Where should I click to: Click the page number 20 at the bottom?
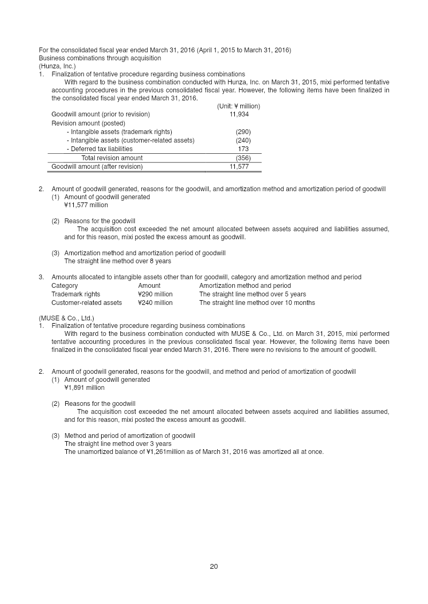(x=213, y=567)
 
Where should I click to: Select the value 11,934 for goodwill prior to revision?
(x=239, y=114)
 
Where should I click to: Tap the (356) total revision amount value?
(x=243, y=158)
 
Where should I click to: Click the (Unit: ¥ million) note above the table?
(x=238, y=106)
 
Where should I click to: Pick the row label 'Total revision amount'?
(x=112, y=158)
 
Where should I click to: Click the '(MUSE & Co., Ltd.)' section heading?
(x=66, y=318)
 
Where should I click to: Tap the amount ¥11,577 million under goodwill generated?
(x=86, y=205)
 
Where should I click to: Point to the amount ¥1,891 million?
(x=84, y=388)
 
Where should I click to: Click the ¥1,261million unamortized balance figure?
(x=160, y=452)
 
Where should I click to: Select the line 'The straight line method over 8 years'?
(x=118, y=261)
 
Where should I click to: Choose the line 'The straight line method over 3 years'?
(x=118, y=444)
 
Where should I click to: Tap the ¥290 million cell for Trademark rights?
(x=155, y=294)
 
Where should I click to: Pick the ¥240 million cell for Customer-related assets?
(x=155, y=303)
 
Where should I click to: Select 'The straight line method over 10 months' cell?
(x=257, y=303)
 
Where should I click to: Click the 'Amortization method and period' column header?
(x=244, y=286)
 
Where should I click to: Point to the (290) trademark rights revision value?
(x=243, y=132)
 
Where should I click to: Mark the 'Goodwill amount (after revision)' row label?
(x=97, y=167)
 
